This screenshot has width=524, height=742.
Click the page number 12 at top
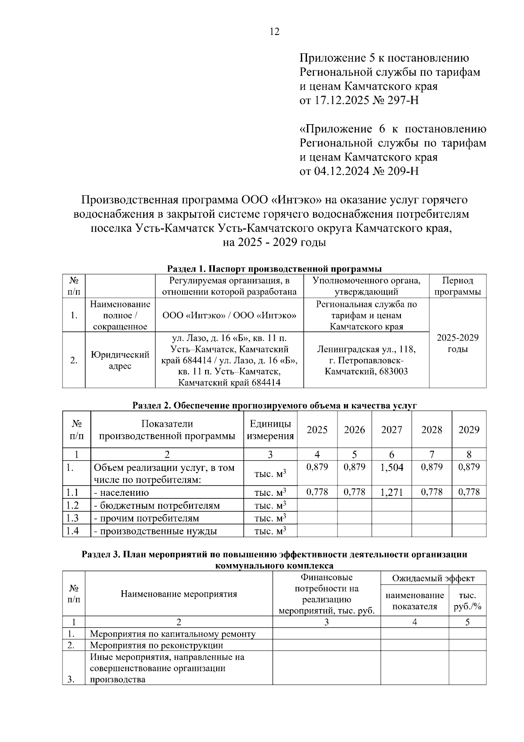274,31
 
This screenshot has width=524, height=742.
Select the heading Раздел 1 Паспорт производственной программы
274,268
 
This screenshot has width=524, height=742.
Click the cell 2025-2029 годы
457,343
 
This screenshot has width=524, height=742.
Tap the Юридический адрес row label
120,360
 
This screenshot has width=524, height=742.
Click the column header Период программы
457,286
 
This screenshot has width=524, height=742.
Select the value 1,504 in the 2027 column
392,467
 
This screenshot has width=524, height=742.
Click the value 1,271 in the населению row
392,492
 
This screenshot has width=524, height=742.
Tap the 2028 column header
431,429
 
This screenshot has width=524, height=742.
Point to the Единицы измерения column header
270,429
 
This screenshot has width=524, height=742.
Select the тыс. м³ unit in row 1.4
270,531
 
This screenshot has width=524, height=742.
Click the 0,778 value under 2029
469,492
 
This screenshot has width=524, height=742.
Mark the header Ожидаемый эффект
433,578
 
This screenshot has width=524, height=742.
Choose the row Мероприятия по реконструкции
156,645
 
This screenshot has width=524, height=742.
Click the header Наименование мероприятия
179,594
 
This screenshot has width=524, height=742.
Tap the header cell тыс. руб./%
467,601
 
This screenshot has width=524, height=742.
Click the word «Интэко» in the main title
296,200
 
